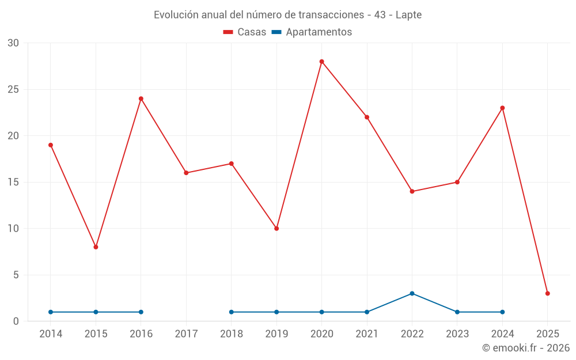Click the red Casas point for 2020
[321, 62]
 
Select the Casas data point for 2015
[96, 247]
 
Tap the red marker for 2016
[141, 98]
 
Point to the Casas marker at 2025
[547, 293]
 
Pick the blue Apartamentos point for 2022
[412, 293]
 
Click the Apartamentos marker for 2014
[51, 312]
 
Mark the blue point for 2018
[232, 312]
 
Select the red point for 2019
[276, 229]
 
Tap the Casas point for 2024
[502, 108]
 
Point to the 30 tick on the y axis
[13, 43]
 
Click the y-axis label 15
[13, 182]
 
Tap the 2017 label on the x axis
[186, 334]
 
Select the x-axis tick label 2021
[367, 334]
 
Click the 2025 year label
[547, 334]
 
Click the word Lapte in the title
[408, 15]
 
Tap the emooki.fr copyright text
[525, 348]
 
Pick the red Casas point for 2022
[412, 191]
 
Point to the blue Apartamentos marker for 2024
[502, 312]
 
